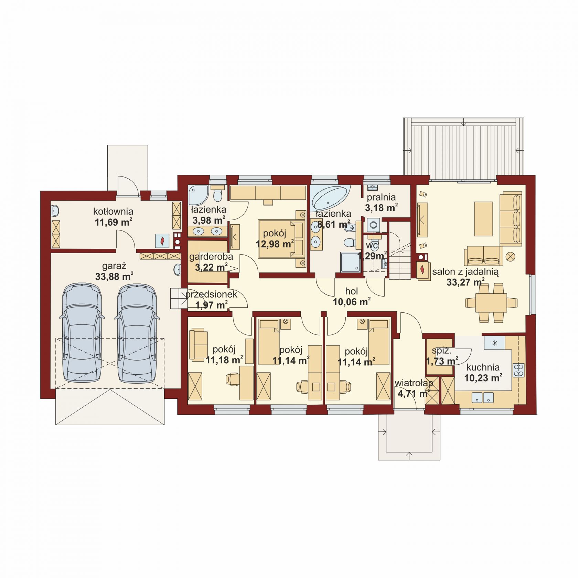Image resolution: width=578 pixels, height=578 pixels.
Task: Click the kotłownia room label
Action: [113, 211]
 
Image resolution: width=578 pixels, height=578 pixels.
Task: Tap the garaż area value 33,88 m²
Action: [114, 277]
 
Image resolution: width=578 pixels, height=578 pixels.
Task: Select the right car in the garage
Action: [138, 333]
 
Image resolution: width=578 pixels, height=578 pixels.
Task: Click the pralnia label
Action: [381, 197]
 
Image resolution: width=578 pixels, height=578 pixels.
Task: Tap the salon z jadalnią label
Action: [465, 272]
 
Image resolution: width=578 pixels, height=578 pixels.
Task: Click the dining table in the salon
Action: [491, 303]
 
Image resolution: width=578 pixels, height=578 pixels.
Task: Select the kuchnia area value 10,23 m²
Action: [483, 378]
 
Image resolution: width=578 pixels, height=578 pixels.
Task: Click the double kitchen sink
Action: [483, 397]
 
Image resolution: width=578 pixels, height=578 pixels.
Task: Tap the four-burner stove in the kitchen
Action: [518, 370]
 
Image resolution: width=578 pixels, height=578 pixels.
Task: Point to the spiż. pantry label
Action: [441, 351]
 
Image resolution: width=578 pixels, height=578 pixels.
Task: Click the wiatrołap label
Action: [414, 383]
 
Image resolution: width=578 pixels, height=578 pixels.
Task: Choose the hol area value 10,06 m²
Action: [352, 302]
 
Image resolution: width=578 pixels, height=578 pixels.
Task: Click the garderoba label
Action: [211, 257]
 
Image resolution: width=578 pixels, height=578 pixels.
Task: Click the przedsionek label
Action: [211, 295]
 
